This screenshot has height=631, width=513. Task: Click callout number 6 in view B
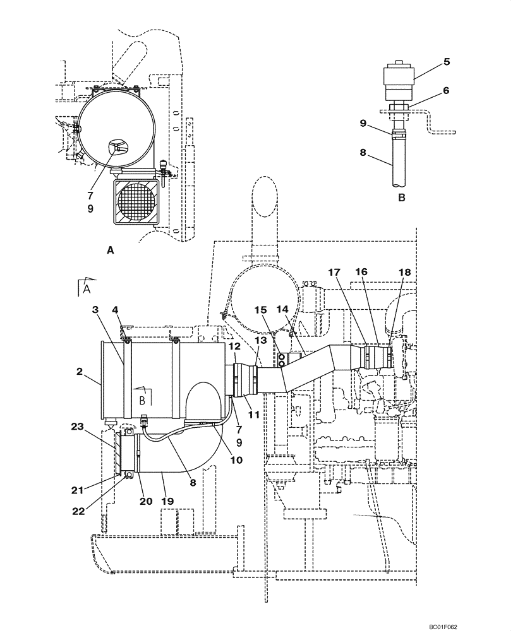[x=447, y=90]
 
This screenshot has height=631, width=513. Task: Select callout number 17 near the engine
[x=334, y=272]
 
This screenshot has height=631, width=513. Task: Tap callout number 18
[x=404, y=272]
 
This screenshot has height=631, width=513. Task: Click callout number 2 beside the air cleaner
[x=80, y=371]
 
